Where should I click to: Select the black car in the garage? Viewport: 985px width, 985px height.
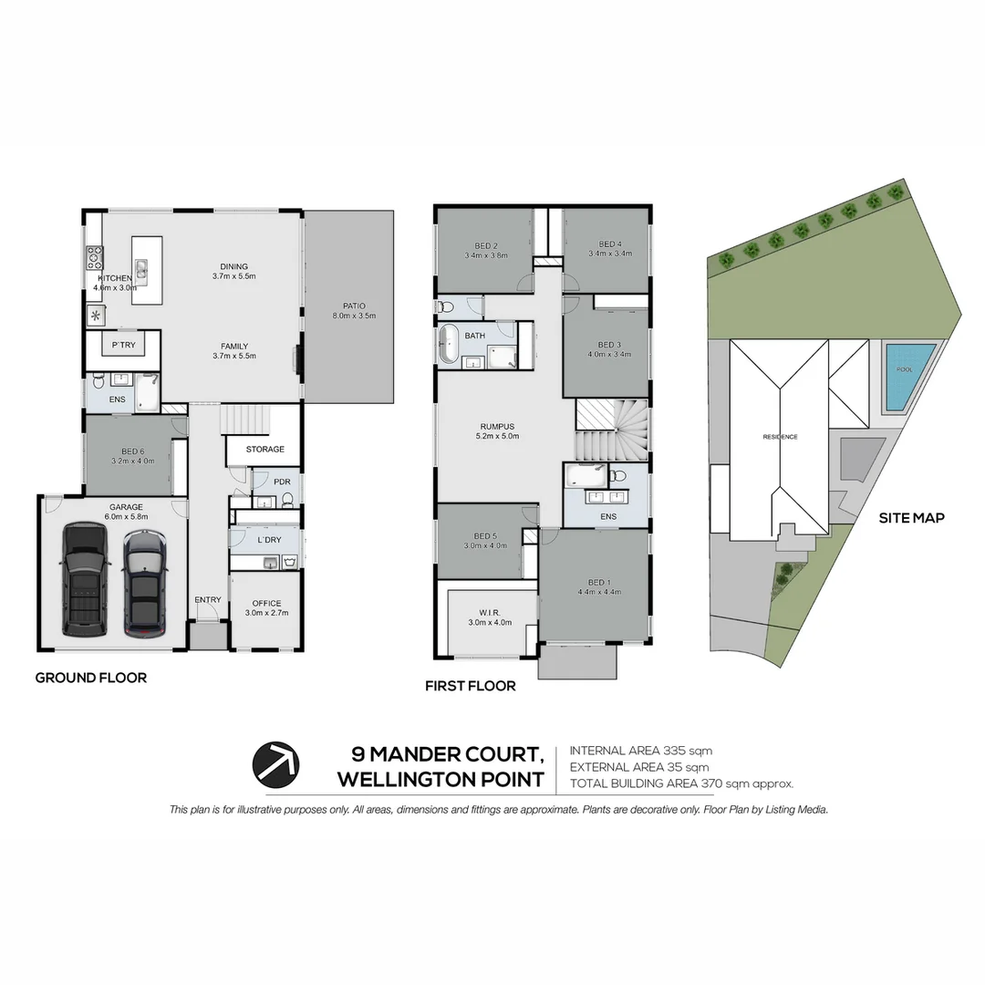point(83,579)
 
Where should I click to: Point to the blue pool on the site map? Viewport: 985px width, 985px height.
point(909,377)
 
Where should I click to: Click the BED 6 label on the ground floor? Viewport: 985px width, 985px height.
point(132,451)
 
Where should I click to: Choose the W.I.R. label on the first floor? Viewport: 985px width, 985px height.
point(490,612)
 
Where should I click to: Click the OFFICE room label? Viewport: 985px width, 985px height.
point(266,603)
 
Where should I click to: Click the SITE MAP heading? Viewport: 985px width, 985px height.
point(910,517)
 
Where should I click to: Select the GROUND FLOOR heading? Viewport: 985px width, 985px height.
point(90,678)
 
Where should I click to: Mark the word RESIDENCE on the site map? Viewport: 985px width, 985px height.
point(780,437)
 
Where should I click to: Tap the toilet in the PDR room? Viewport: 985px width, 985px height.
point(287,499)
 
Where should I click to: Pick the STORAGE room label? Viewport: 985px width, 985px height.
point(264,449)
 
